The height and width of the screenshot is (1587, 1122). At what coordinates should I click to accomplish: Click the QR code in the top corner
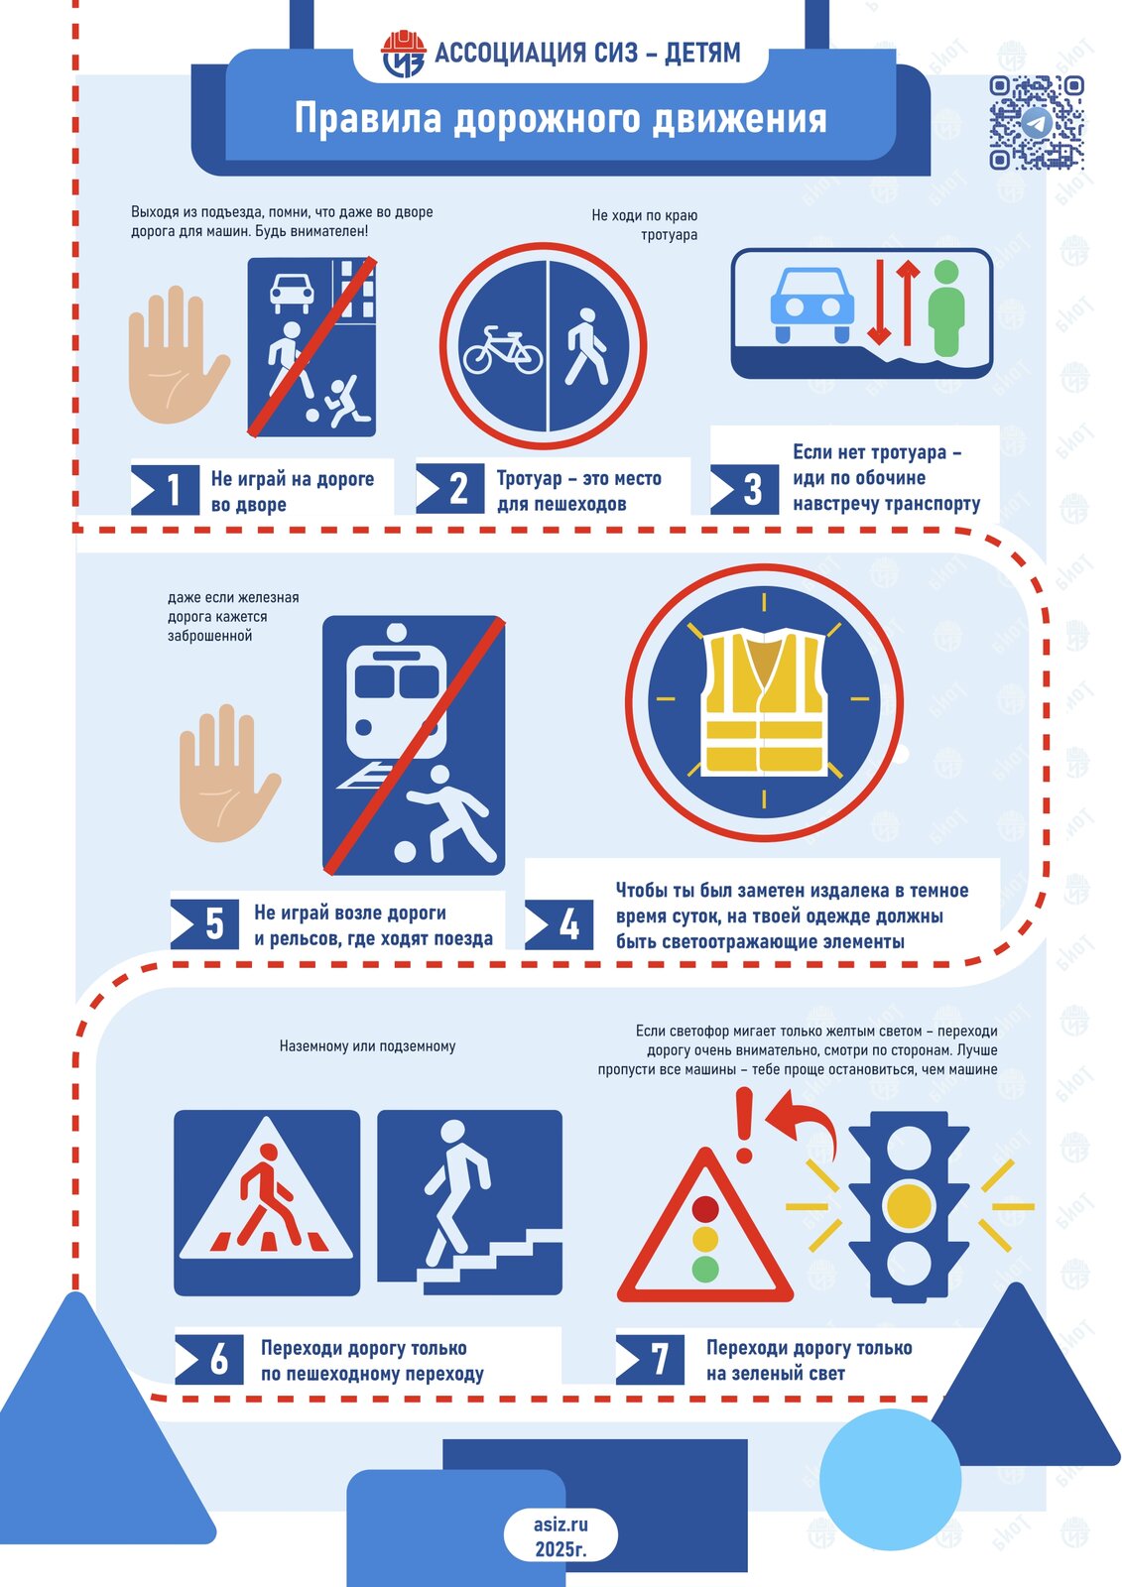pyautogui.click(x=1036, y=123)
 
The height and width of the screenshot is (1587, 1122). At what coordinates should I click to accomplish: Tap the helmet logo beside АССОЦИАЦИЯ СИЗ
pyautogui.click(x=403, y=54)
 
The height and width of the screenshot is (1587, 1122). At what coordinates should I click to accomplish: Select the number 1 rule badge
pyautogui.click(x=165, y=489)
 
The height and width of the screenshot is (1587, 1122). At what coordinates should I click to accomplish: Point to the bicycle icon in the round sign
pyautogui.click(x=503, y=350)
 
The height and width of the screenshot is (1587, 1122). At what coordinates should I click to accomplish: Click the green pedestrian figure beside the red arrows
pyautogui.click(x=946, y=308)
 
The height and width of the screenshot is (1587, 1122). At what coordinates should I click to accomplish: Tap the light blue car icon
pyautogui.click(x=812, y=305)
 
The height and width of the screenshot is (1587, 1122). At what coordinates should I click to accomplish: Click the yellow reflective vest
pyautogui.click(x=764, y=701)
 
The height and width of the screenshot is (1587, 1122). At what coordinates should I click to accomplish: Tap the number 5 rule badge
pyautogui.click(x=204, y=923)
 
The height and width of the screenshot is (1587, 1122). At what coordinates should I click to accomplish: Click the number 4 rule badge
pyautogui.click(x=560, y=924)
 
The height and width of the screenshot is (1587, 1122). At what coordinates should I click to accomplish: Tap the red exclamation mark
pyautogui.click(x=744, y=1125)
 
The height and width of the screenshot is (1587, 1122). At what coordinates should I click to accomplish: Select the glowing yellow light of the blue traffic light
pyautogui.click(x=909, y=1205)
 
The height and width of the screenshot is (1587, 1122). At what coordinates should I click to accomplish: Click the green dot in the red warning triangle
pyautogui.click(x=704, y=1270)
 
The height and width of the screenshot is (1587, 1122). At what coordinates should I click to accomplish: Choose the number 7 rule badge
pyautogui.click(x=650, y=1360)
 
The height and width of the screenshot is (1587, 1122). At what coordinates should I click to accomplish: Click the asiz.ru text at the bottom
pyautogui.click(x=561, y=1525)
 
